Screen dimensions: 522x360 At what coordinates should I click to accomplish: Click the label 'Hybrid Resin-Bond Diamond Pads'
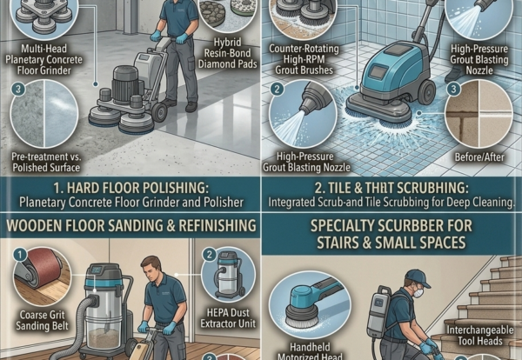[228, 53]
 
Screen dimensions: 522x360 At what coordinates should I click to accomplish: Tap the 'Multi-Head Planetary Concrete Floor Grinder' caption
[44, 59]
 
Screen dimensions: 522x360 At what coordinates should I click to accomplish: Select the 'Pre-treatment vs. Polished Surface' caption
[46, 162]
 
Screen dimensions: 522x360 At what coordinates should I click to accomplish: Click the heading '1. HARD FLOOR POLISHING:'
[131, 188]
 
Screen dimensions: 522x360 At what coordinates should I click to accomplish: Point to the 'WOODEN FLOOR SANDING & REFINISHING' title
[131, 225]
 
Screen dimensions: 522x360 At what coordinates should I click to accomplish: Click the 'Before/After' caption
[479, 157]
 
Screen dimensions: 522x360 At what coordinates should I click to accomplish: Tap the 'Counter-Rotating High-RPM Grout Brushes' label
[304, 59]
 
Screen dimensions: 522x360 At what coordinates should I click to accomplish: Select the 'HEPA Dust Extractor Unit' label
[228, 318]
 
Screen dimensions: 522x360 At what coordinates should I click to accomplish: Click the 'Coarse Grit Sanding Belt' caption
[43, 320]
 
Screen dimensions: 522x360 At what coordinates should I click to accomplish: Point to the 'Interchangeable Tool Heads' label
[479, 336]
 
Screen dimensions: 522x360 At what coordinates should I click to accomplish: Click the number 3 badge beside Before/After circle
[453, 89]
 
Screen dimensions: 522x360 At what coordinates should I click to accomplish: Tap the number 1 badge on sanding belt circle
[20, 255]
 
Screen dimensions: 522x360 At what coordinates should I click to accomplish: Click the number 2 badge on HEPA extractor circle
[210, 255]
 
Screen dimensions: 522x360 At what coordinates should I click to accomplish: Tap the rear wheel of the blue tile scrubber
[425, 92]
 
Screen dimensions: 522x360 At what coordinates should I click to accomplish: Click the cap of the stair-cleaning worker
[417, 277]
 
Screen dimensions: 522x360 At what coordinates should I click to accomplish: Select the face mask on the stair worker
[418, 293]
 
